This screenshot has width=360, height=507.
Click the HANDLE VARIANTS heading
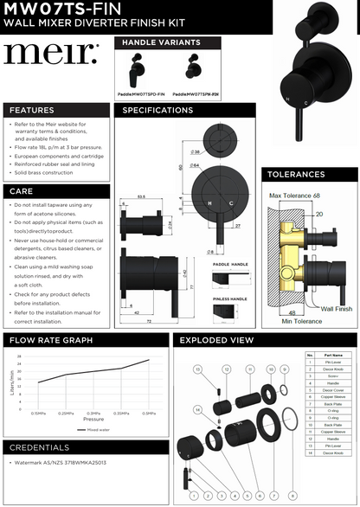click(161, 42)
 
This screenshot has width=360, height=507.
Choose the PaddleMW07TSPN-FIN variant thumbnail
click(191, 74)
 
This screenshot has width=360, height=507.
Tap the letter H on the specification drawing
click(208, 202)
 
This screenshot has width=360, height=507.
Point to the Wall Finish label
click(336, 307)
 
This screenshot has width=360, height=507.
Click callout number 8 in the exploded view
click(293, 495)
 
